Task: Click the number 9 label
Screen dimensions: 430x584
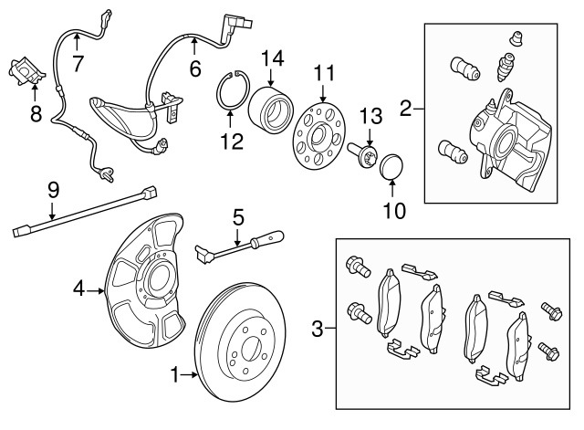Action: pos(53,190)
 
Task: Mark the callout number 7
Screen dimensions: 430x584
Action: pos(78,63)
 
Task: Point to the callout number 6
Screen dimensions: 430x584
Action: pos(194,67)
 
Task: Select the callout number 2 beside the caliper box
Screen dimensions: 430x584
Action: pos(406,111)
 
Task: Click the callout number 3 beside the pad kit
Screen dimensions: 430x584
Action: pos(317,326)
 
